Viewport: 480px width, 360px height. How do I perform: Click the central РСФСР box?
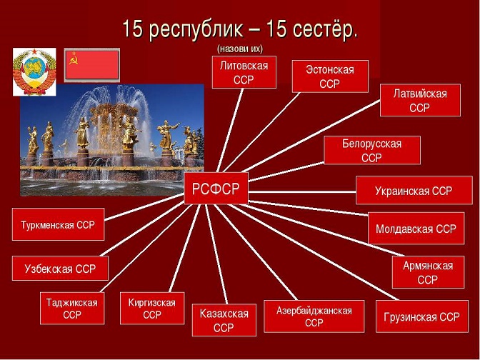216,189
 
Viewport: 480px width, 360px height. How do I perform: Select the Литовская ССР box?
244,72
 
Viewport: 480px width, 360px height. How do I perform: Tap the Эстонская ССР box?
330,76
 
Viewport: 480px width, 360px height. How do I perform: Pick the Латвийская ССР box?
420,100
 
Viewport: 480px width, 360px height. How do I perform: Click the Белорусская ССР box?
372,150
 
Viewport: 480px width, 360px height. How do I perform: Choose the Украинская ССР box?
414,191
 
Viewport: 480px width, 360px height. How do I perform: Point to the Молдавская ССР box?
416,228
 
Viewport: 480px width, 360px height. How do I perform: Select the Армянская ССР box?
428,272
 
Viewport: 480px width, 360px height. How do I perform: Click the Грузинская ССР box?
422,316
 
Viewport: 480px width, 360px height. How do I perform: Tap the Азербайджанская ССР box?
314,316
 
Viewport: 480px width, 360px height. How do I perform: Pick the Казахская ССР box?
224,320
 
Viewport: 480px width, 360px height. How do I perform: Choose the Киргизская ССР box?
152,309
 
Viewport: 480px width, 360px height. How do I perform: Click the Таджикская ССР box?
72,309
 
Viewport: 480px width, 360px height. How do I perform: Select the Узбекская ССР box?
60,268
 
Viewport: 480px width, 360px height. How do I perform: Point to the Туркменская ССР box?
58,224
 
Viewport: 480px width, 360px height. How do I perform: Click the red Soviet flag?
92,65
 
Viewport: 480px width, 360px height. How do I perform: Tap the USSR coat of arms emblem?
34,72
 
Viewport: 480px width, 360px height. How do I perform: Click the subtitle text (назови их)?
240,49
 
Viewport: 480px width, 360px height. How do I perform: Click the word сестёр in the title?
325,29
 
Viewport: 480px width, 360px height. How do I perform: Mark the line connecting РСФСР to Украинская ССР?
302,192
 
